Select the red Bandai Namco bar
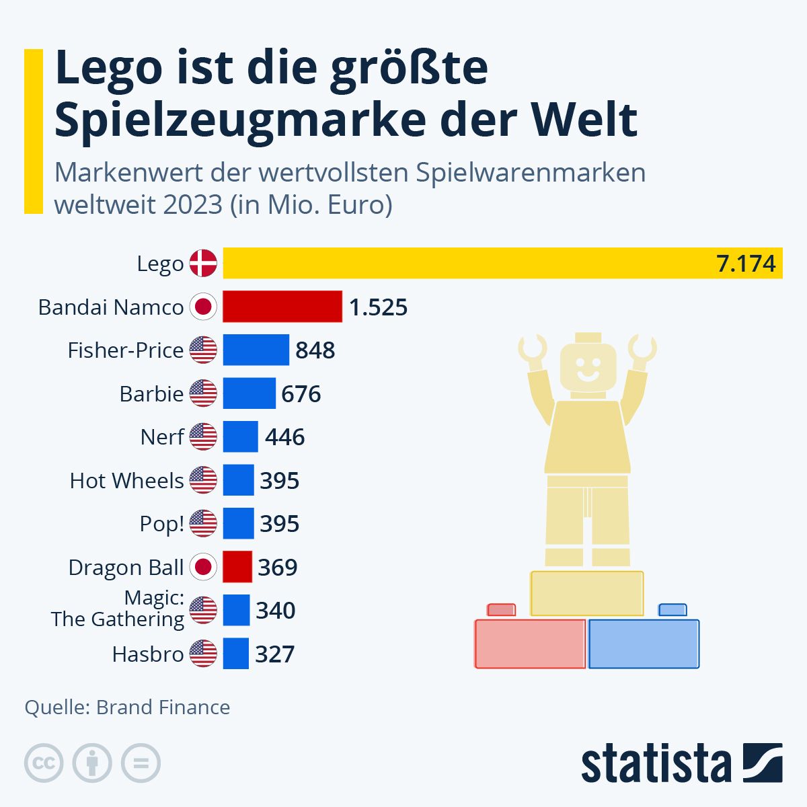click(x=282, y=307)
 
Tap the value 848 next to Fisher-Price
click(x=315, y=350)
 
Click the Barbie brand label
click(x=151, y=393)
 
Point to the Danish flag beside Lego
click(x=203, y=263)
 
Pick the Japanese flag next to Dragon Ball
click(x=203, y=567)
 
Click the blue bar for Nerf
click(x=240, y=437)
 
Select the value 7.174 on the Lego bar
click(x=746, y=264)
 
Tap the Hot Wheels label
click(x=126, y=481)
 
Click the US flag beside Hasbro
click(x=203, y=654)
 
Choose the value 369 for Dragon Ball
click(x=277, y=568)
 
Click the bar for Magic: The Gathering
click(x=236, y=611)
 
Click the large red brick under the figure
click(x=530, y=644)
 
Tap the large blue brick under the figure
click(x=644, y=644)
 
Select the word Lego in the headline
click(x=108, y=68)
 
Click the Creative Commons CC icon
click(x=44, y=763)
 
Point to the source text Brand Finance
click(x=163, y=707)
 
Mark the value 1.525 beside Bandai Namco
click(x=378, y=307)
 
